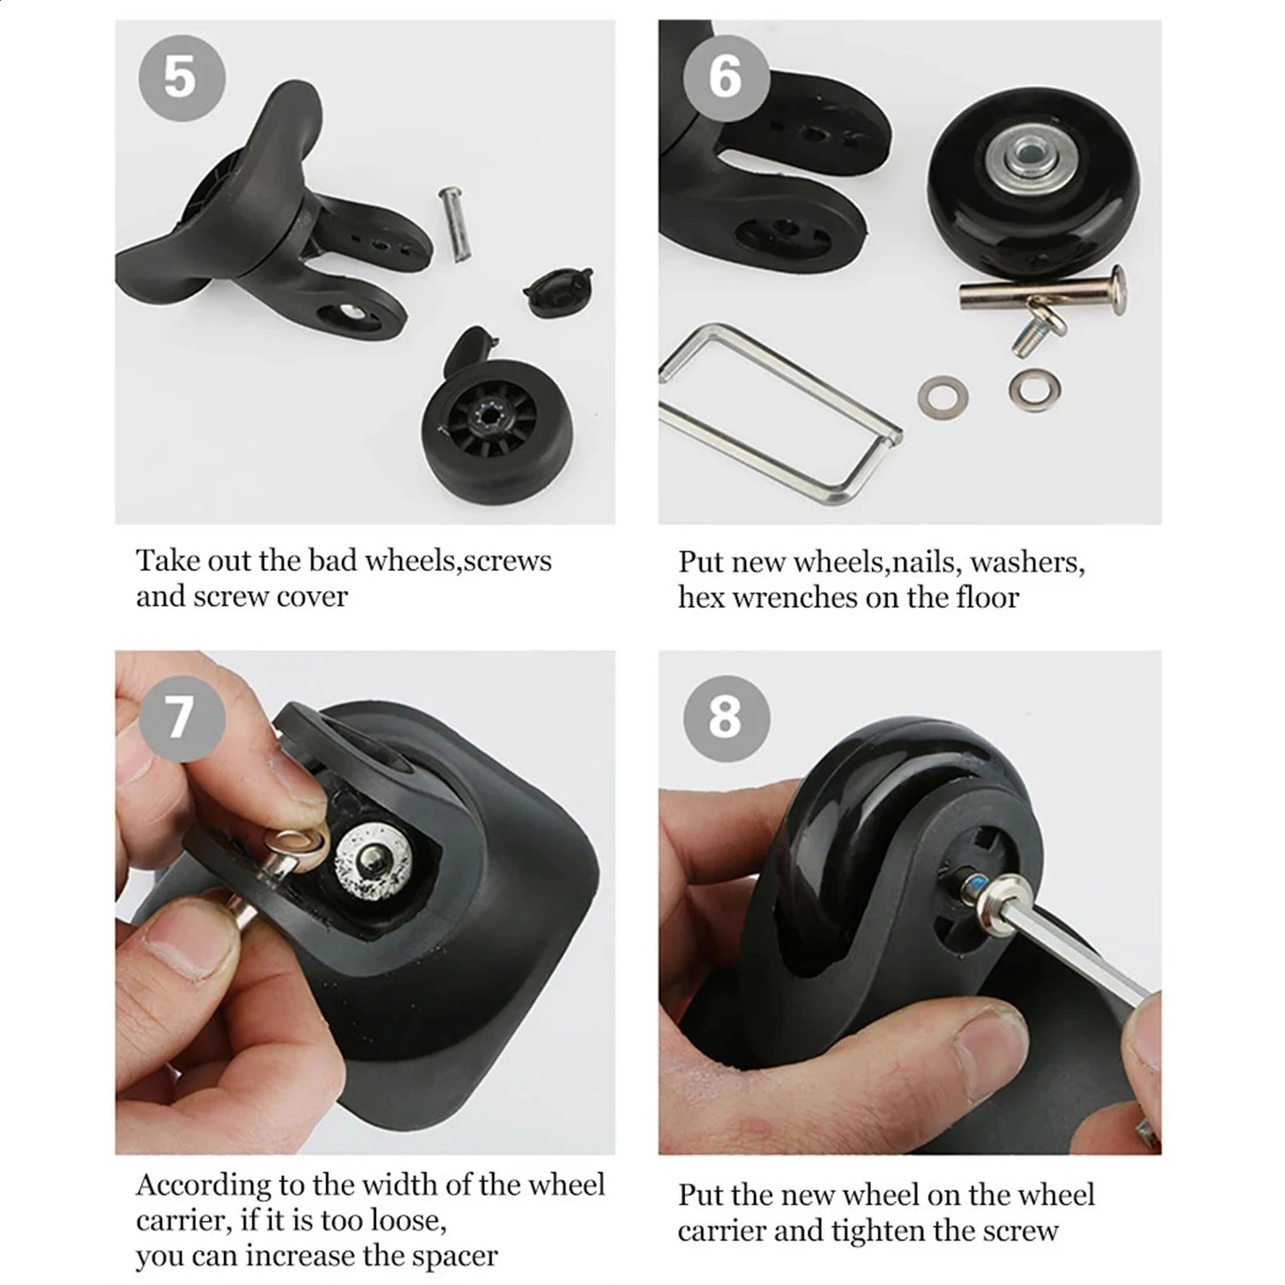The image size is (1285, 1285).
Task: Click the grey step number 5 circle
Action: click(182, 78)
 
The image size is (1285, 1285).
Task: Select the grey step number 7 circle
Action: click(182, 717)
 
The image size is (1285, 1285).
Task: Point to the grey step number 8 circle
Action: click(726, 717)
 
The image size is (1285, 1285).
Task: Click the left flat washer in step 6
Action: click(943, 396)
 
